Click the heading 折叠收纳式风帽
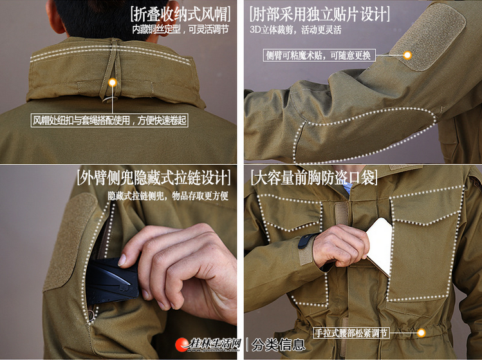[180, 14]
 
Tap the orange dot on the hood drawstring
[113, 82]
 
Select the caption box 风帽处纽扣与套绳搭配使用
[109, 120]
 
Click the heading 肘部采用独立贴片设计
[320, 14]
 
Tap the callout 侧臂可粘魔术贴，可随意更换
[319, 55]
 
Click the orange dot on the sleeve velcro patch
[407, 55]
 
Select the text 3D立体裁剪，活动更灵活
[296, 30]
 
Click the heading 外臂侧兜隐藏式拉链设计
[154, 177]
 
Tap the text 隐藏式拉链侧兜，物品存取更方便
[168, 196]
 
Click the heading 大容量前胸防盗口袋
[314, 177]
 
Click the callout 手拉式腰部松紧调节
[351, 333]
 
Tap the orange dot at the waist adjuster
[421, 332]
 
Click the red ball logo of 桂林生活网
[182, 345]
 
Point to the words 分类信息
[278, 345]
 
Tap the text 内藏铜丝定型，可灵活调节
[181, 30]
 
